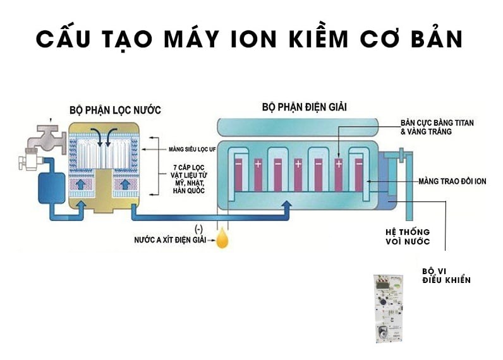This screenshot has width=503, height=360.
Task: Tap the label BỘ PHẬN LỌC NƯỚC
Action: point(115,110)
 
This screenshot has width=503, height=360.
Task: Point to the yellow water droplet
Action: point(222,239)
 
